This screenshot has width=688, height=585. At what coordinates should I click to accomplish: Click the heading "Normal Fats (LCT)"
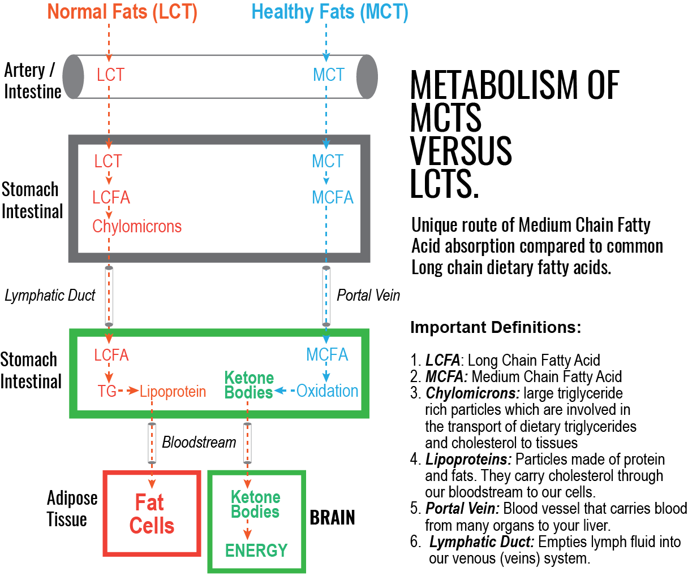(122, 12)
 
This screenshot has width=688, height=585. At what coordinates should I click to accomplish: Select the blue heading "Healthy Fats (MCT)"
(329, 12)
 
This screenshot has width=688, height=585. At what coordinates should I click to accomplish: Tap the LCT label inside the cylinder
(110, 75)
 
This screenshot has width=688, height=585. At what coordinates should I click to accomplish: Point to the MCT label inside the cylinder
(329, 75)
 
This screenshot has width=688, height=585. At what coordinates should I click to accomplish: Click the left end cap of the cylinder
(73, 77)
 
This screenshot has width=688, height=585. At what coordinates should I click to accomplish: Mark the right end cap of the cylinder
(367, 77)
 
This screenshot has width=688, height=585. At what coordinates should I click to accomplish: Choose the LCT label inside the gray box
(108, 162)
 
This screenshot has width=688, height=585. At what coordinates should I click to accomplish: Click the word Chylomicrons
(137, 227)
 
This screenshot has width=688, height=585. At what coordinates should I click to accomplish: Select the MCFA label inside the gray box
(333, 197)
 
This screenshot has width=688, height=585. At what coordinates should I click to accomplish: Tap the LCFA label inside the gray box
(111, 197)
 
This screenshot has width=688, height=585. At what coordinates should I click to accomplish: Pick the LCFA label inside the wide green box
(111, 355)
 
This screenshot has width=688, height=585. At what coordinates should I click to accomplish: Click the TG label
(107, 391)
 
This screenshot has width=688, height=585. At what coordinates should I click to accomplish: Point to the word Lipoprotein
(173, 391)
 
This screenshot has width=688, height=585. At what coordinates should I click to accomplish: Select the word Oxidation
(328, 391)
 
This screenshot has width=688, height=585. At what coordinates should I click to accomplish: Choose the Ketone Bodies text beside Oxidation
(249, 385)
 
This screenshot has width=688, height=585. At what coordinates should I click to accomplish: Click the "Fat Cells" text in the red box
(151, 514)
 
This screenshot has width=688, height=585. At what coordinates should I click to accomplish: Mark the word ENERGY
(256, 550)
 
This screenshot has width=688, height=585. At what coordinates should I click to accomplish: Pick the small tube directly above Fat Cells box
(152, 443)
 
